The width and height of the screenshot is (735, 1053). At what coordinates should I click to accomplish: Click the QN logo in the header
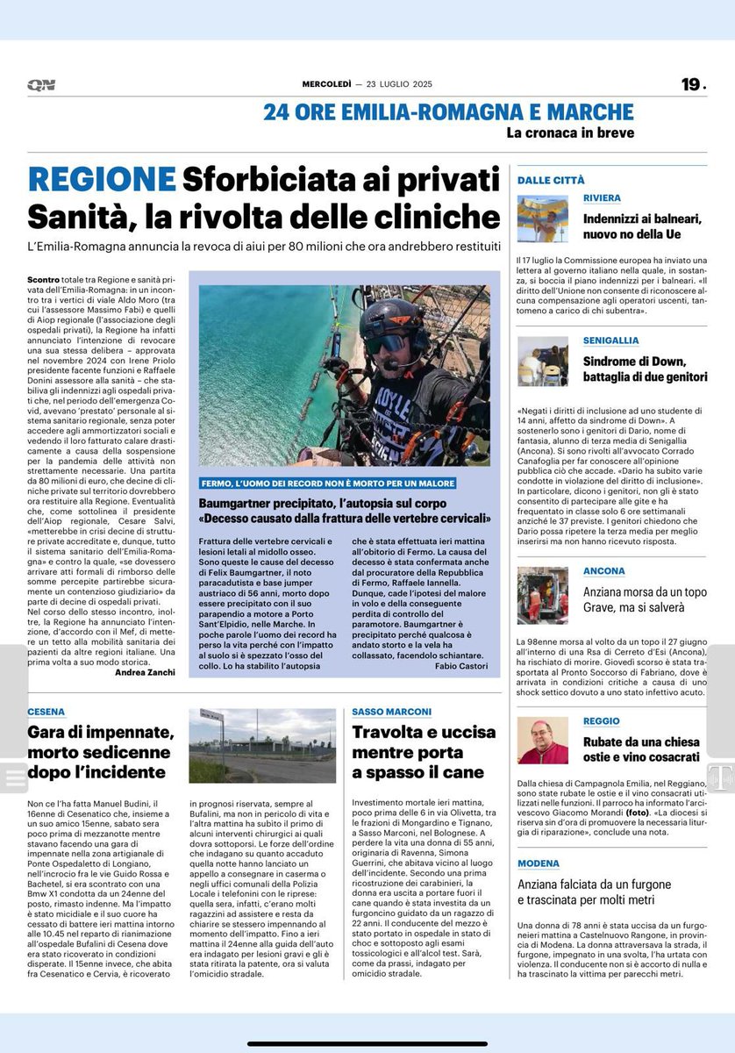click(40, 84)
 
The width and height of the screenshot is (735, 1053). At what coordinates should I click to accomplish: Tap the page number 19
click(691, 84)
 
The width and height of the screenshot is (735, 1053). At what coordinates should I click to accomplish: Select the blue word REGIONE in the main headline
click(102, 180)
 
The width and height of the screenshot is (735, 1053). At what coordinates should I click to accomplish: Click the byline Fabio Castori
click(460, 666)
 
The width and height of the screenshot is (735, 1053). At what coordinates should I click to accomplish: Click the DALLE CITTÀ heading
click(550, 180)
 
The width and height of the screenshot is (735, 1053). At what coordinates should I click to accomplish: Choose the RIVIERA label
click(602, 198)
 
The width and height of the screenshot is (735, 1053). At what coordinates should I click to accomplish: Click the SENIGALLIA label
click(611, 340)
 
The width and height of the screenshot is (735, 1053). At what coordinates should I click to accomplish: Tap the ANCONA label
click(604, 571)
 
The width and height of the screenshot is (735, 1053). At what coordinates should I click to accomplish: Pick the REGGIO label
click(602, 720)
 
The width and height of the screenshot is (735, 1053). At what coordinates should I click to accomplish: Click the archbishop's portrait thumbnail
click(542, 741)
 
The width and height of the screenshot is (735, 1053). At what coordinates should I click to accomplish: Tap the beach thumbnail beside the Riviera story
click(542, 218)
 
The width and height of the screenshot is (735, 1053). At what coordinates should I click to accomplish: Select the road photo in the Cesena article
click(261, 752)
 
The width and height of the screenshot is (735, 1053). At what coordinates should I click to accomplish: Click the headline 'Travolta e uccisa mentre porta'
click(424, 741)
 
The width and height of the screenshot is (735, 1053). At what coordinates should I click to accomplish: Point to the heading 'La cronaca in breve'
click(569, 133)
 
